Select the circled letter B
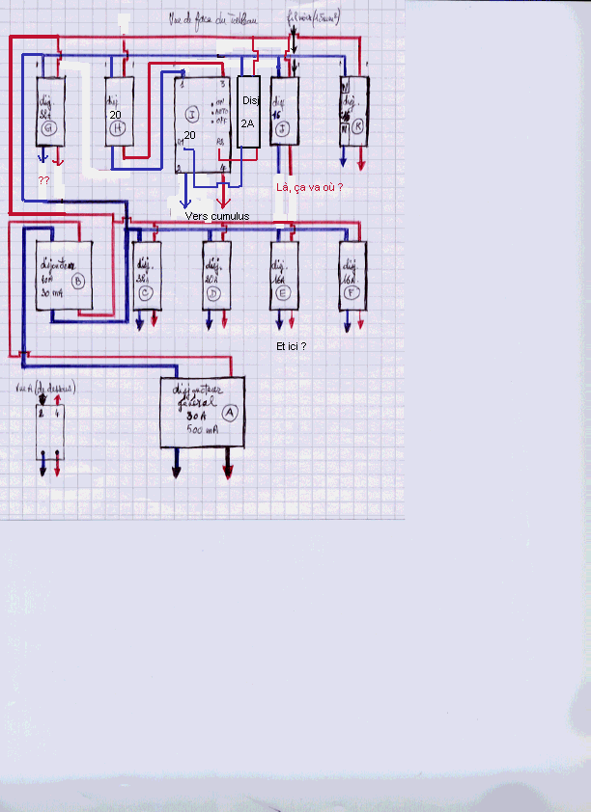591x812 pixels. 79,281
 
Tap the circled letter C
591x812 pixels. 147,293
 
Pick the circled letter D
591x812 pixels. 215,293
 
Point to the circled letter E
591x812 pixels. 283,293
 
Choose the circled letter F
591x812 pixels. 352,293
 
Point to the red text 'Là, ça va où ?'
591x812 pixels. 309,187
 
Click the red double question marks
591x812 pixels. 43,181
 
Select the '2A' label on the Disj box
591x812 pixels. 248,123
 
